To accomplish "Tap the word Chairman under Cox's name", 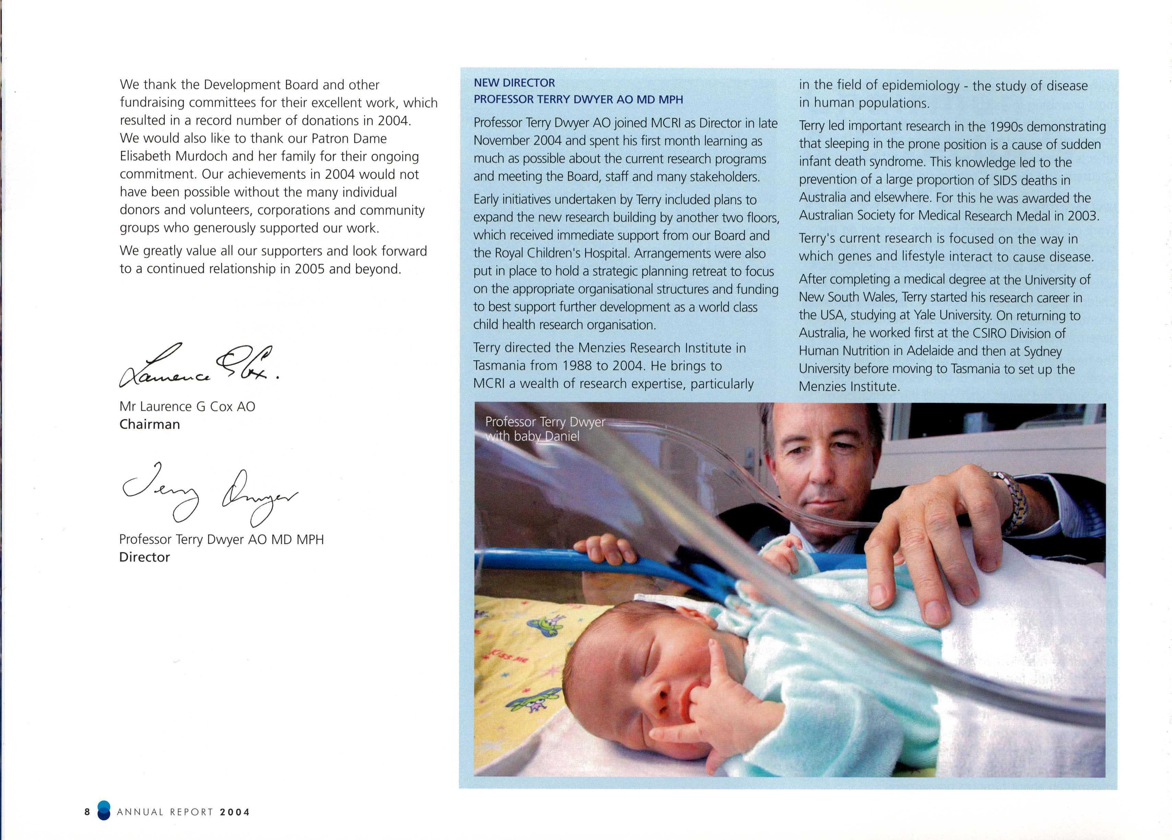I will tap(149, 424).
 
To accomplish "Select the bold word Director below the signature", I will tap(144, 557).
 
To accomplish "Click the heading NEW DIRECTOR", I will tap(514, 83).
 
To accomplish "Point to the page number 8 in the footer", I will tap(87, 812).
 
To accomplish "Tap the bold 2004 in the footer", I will tap(235, 812).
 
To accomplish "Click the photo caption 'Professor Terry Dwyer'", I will tap(545, 422).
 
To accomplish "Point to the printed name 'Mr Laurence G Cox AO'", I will tap(187, 406).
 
